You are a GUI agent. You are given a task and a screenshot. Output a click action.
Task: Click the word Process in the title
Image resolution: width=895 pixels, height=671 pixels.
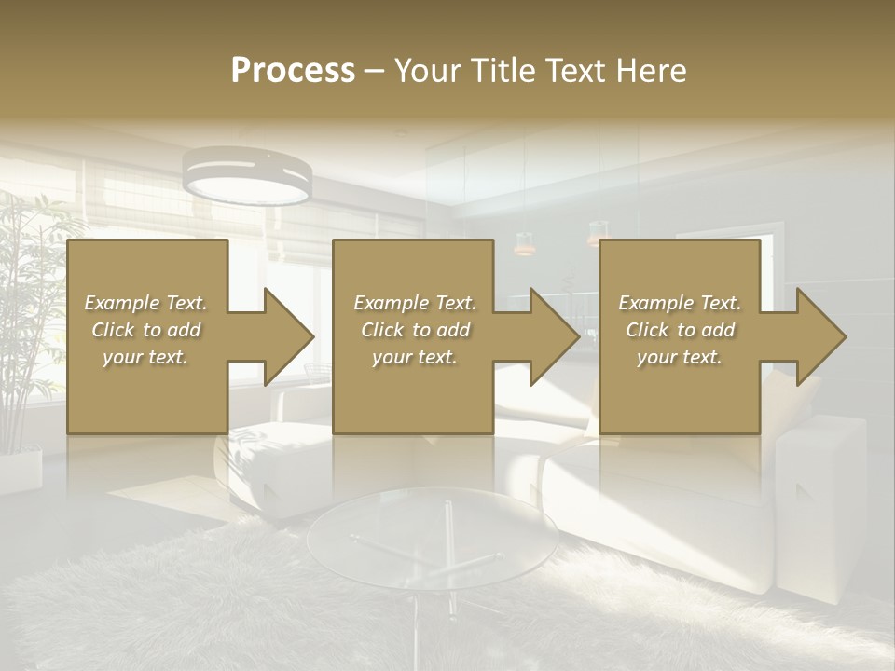pyautogui.click(x=293, y=71)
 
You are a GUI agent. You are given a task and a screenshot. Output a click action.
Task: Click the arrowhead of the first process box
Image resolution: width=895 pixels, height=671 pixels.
pyautogui.click(x=290, y=336)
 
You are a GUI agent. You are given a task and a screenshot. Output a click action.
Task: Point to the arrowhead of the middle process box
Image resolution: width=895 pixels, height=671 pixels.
pyautogui.click(x=556, y=336)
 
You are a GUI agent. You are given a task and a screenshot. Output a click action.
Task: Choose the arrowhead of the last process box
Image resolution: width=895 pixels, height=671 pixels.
pyautogui.click(x=821, y=336)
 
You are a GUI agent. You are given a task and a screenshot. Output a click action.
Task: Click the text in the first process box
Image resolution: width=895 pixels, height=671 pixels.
pyautogui.click(x=145, y=330)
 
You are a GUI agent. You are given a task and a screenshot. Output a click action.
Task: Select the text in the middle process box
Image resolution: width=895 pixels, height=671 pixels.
pyautogui.click(x=414, y=330)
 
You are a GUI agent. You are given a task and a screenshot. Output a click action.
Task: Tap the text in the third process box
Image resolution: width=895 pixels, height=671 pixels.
pyautogui.click(x=680, y=330)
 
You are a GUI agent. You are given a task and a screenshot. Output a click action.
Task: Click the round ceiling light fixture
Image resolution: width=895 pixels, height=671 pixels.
pyautogui.click(x=247, y=177)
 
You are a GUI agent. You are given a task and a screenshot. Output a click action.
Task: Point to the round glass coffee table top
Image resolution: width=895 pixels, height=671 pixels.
pyautogui.click(x=433, y=537)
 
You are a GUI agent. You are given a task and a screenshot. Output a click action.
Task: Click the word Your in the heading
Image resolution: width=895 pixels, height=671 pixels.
pyautogui.click(x=426, y=71)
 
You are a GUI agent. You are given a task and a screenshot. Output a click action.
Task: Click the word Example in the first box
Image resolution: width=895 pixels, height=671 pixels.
pyautogui.click(x=122, y=303)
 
